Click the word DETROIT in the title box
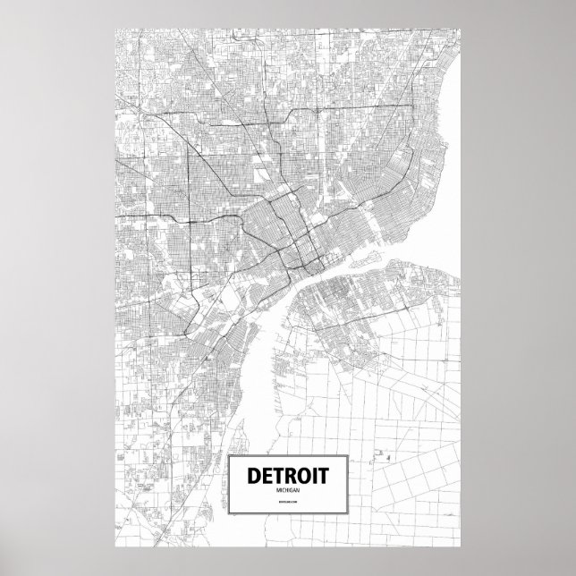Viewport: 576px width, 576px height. [x=287, y=474]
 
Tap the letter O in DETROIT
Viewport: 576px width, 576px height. [x=303, y=474]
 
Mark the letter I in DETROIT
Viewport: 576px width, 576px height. [x=316, y=474]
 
